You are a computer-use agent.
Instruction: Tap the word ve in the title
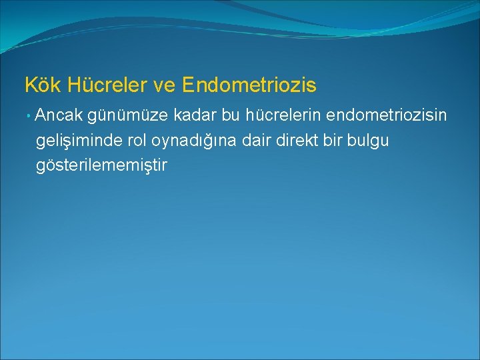[161, 85]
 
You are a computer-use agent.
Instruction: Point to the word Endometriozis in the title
[249, 85]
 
